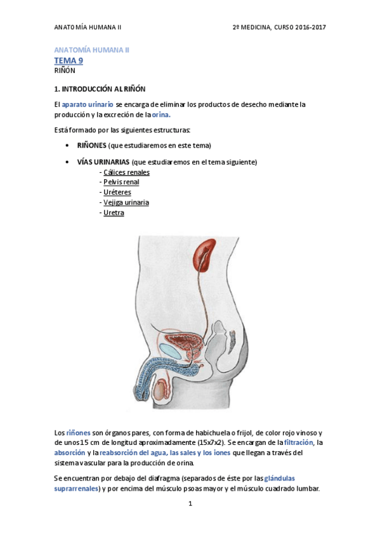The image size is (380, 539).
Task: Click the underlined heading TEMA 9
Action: click(x=69, y=60)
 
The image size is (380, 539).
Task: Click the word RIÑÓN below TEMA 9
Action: click(x=65, y=71)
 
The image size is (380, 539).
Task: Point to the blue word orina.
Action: click(x=161, y=115)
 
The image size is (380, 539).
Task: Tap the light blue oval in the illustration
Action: click(x=169, y=350)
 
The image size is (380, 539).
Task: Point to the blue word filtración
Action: click(x=299, y=442)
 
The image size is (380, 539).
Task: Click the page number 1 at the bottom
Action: click(x=190, y=504)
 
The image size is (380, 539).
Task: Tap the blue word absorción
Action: click(x=70, y=453)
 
